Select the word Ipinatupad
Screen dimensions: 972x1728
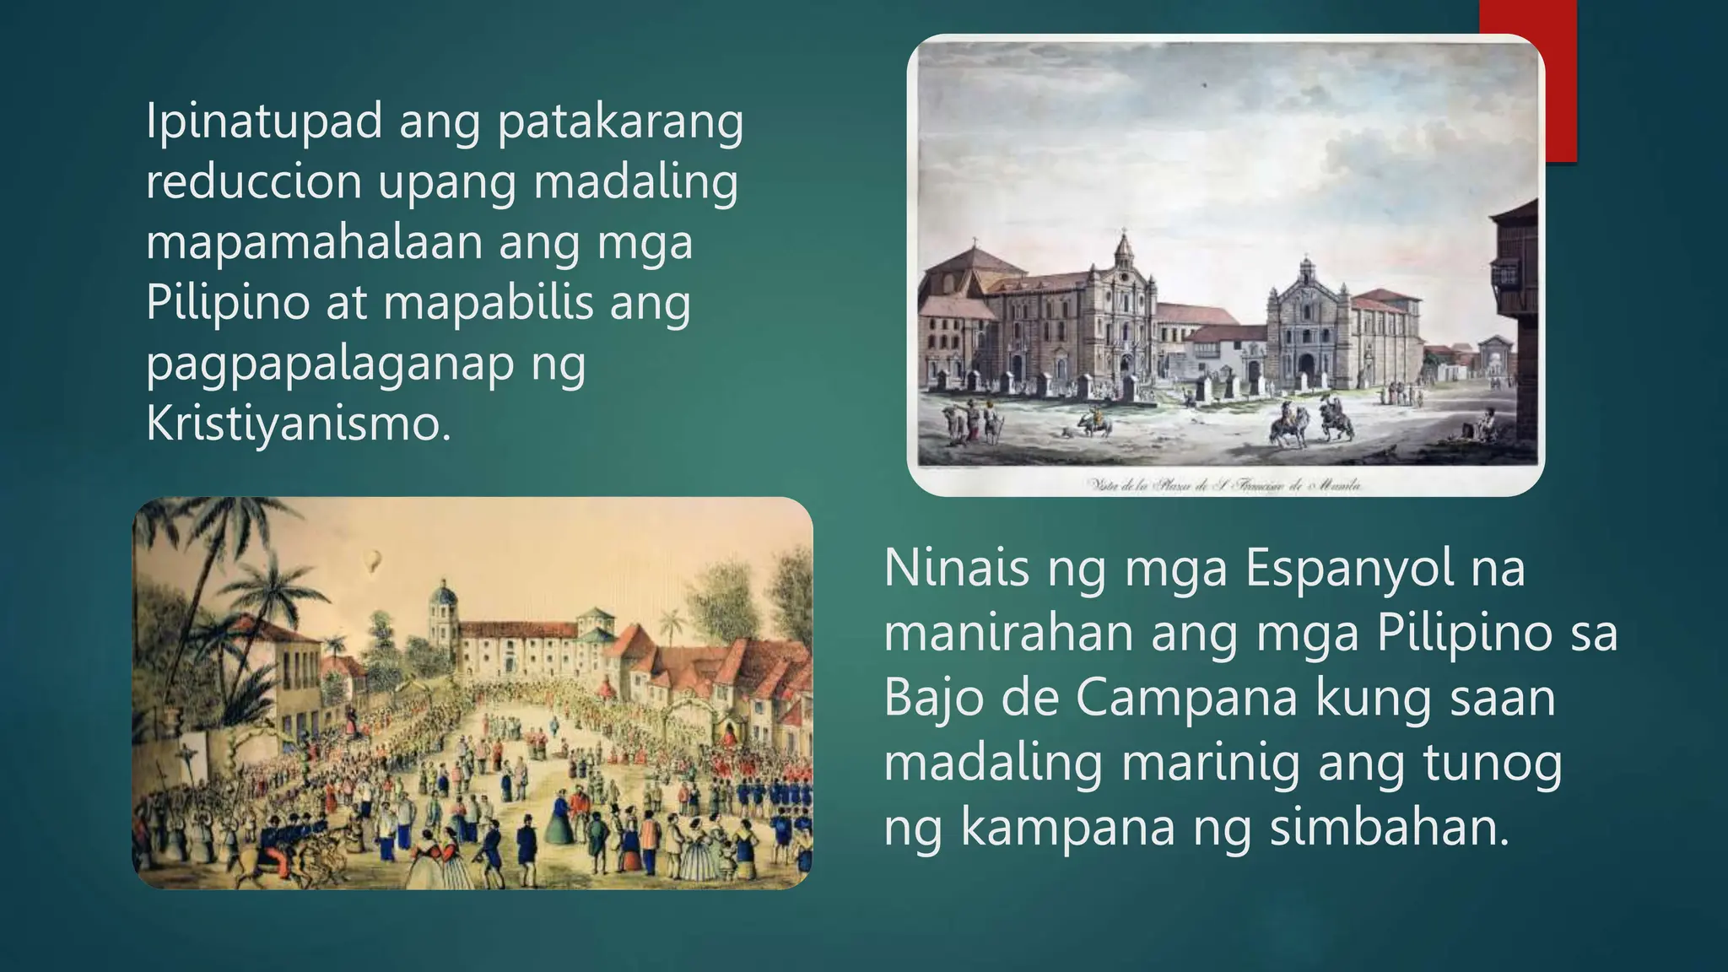(264, 121)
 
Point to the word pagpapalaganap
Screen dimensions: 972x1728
(330, 364)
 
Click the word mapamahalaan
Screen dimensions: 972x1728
(314, 242)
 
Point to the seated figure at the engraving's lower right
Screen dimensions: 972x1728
(1488, 422)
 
